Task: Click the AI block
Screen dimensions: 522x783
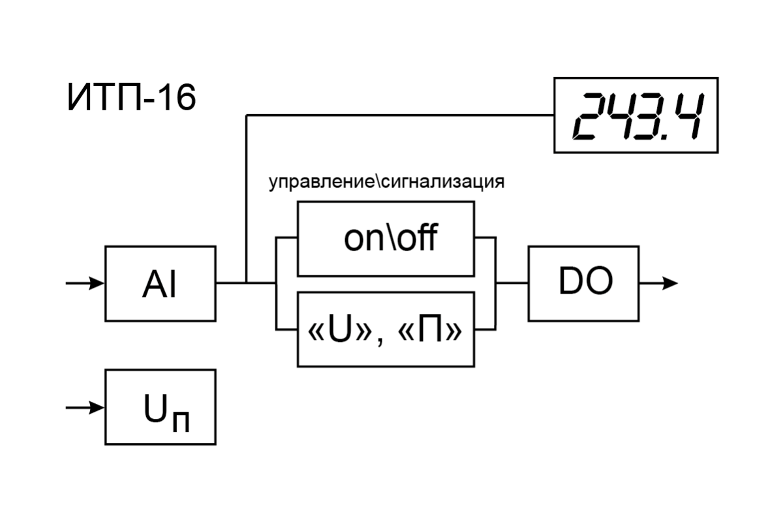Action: click(160, 284)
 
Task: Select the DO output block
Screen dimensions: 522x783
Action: click(583, 284)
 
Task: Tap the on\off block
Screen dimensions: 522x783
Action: click(386, 239)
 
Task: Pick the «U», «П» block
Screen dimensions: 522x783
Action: click(386, 330)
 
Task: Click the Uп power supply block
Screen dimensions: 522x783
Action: click(160, 407)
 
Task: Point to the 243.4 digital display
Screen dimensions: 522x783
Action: click(636, 115)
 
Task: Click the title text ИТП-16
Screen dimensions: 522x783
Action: click(131, 100)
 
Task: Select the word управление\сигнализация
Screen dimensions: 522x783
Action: click(387, 182)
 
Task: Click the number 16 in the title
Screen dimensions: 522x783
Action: click(177, 100)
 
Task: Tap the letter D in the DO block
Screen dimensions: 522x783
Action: click(570, 282)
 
